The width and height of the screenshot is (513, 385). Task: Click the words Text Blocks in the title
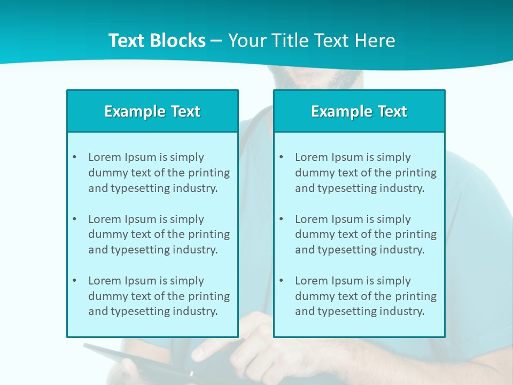pyautogui.click(x=157, y=41)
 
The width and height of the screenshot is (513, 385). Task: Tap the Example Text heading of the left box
pyautogui.click(x=152, y=111)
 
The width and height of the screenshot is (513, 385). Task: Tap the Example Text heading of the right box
pyautogui.click(x=359, y=111)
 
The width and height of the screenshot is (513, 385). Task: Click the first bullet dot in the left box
pyautogui.click(x=74, y=157)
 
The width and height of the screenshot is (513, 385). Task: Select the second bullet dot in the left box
pyautogui.click(x=74, y=219)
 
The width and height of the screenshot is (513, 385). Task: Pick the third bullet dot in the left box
pyautogui.click(x=74, y=281)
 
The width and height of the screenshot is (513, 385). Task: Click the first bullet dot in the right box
pyautogui.click(x=281, y=157)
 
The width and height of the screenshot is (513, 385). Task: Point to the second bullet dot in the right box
pyautogui.click(x=281, y=219)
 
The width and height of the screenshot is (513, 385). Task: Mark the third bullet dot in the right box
pyautogui.click(x=281, y=281)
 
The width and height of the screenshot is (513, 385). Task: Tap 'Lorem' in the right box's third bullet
pyautogui.click(x=311, y=281)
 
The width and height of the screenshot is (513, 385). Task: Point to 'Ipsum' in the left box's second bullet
pyautogui.click(x=140, y=219)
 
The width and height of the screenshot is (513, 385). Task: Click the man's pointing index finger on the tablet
pyautogui.click(x=199, y=353)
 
